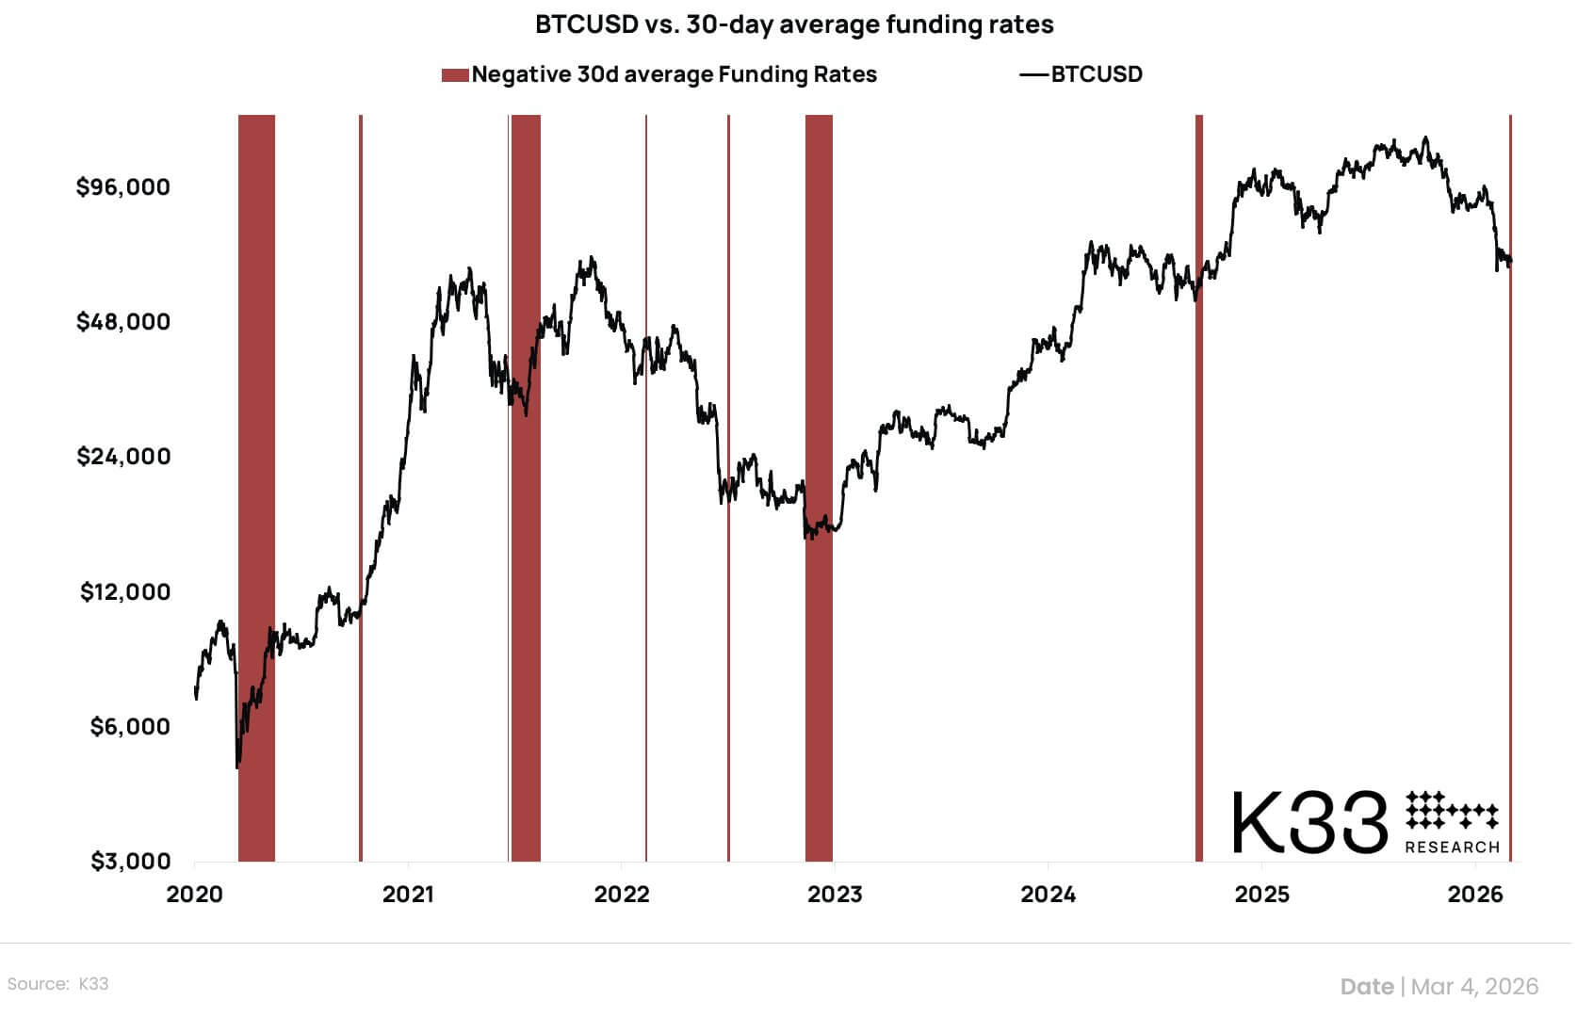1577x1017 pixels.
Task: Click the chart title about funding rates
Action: tap(794, 24)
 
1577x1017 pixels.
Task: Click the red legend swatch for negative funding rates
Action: tap(455, 75)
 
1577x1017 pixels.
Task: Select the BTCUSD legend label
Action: tap(1096, 75)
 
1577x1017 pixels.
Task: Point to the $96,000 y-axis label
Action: tap(123, 187)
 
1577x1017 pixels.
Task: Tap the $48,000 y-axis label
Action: tap(123, 322)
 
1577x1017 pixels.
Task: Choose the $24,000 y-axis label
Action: tap(123, 457)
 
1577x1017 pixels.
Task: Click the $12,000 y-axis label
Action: tap(125, 592)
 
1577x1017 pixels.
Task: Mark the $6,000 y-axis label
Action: tap(130, 727)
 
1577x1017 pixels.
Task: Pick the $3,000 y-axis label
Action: tap(130, 862)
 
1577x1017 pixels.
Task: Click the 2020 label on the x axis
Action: tap(195, 895)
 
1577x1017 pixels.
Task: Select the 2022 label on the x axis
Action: tap(622, 895)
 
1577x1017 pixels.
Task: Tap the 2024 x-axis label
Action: tap(1048, 895)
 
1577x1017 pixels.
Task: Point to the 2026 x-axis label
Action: tap(1475, 895)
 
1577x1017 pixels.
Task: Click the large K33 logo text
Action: tap(1309, 822)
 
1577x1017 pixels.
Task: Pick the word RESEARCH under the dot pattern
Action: tap(1452, 847)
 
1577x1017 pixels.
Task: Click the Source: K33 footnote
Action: tap(57, 984)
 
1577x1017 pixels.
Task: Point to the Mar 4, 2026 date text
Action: tap(1474, 986)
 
